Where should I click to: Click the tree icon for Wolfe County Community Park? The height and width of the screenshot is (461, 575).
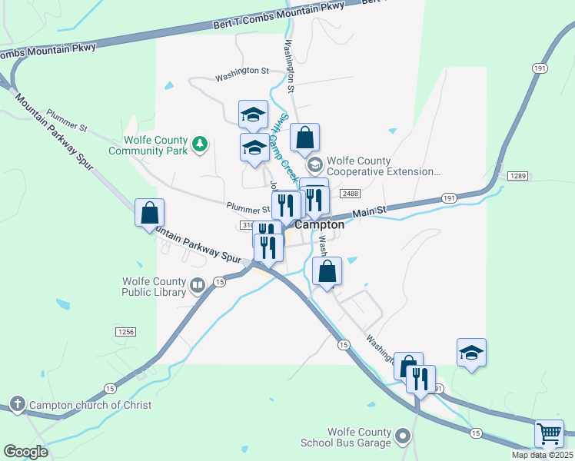(x=200, y=144)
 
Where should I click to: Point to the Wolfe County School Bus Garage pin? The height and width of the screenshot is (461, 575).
(x=403, y=438)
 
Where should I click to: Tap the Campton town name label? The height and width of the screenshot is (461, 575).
(x=319, y=226)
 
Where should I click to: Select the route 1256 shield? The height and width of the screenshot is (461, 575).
(x=126, y=332)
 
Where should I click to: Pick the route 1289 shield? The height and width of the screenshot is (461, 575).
(x=517, y=176)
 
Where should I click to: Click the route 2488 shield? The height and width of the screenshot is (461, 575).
(x=351, y=194)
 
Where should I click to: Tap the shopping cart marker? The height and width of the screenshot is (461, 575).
(x=549, y=433)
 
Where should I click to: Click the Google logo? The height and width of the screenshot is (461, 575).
(x=25, y=451)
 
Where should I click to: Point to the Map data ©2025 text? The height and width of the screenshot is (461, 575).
(x=542, y=455)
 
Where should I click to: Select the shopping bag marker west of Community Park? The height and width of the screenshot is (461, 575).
(x=149, y=213)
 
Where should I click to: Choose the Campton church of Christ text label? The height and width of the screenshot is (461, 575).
(x=90, y=405)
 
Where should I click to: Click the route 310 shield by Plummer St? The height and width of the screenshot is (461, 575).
(x=246, y=225)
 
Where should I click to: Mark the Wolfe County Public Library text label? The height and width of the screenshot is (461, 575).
(x=154, y=287)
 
